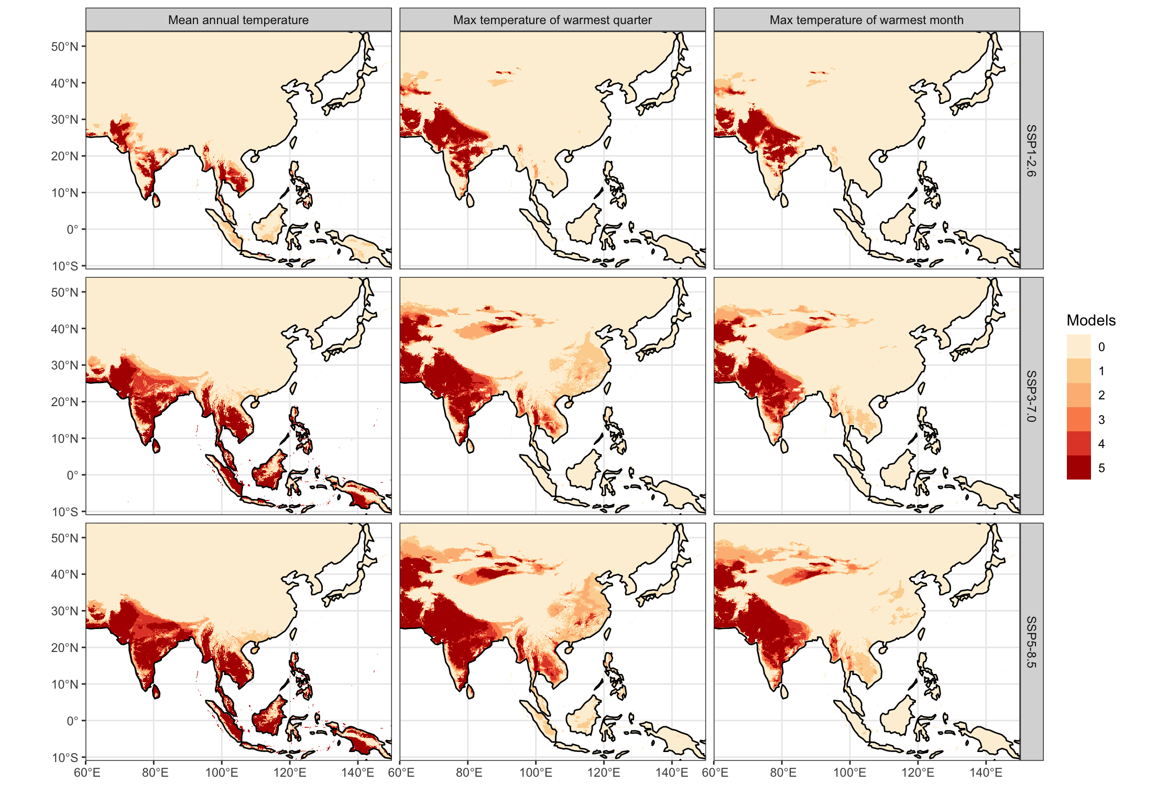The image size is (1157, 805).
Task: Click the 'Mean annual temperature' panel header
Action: click(x=238, y=20)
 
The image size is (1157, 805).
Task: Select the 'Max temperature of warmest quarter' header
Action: click(x=552, y=20)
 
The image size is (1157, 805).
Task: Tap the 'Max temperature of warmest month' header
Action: click(x=866, y=20)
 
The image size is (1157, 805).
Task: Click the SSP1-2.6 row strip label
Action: click(x=1031, y=150)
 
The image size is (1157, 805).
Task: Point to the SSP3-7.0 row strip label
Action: click(x=1031, y=396)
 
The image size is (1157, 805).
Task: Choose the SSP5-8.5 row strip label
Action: click(x=1031, y=642)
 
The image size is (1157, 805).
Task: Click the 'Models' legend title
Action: click(x=1091, y=320)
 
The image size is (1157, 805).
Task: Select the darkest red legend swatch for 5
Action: click(x=1078, y=467)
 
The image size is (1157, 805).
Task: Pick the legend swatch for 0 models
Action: click(x=1078, y=346)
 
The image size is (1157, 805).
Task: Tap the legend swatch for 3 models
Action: click(x=1078, y=419)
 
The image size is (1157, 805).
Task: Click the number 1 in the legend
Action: click(x=1101, y=371)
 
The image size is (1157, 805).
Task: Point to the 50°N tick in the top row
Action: click(x=64, y=47)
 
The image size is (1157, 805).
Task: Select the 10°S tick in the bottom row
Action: click(x=64, y=757)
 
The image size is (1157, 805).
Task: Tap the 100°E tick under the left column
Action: click(x=222, y=773)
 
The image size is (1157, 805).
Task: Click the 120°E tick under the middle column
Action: click(x=604, y=773)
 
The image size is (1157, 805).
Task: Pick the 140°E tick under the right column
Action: click(x=986, y=773)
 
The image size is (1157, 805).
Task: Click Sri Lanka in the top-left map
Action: click(x=156, y=200)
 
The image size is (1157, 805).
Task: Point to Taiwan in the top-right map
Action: click(x=921, y=142)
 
